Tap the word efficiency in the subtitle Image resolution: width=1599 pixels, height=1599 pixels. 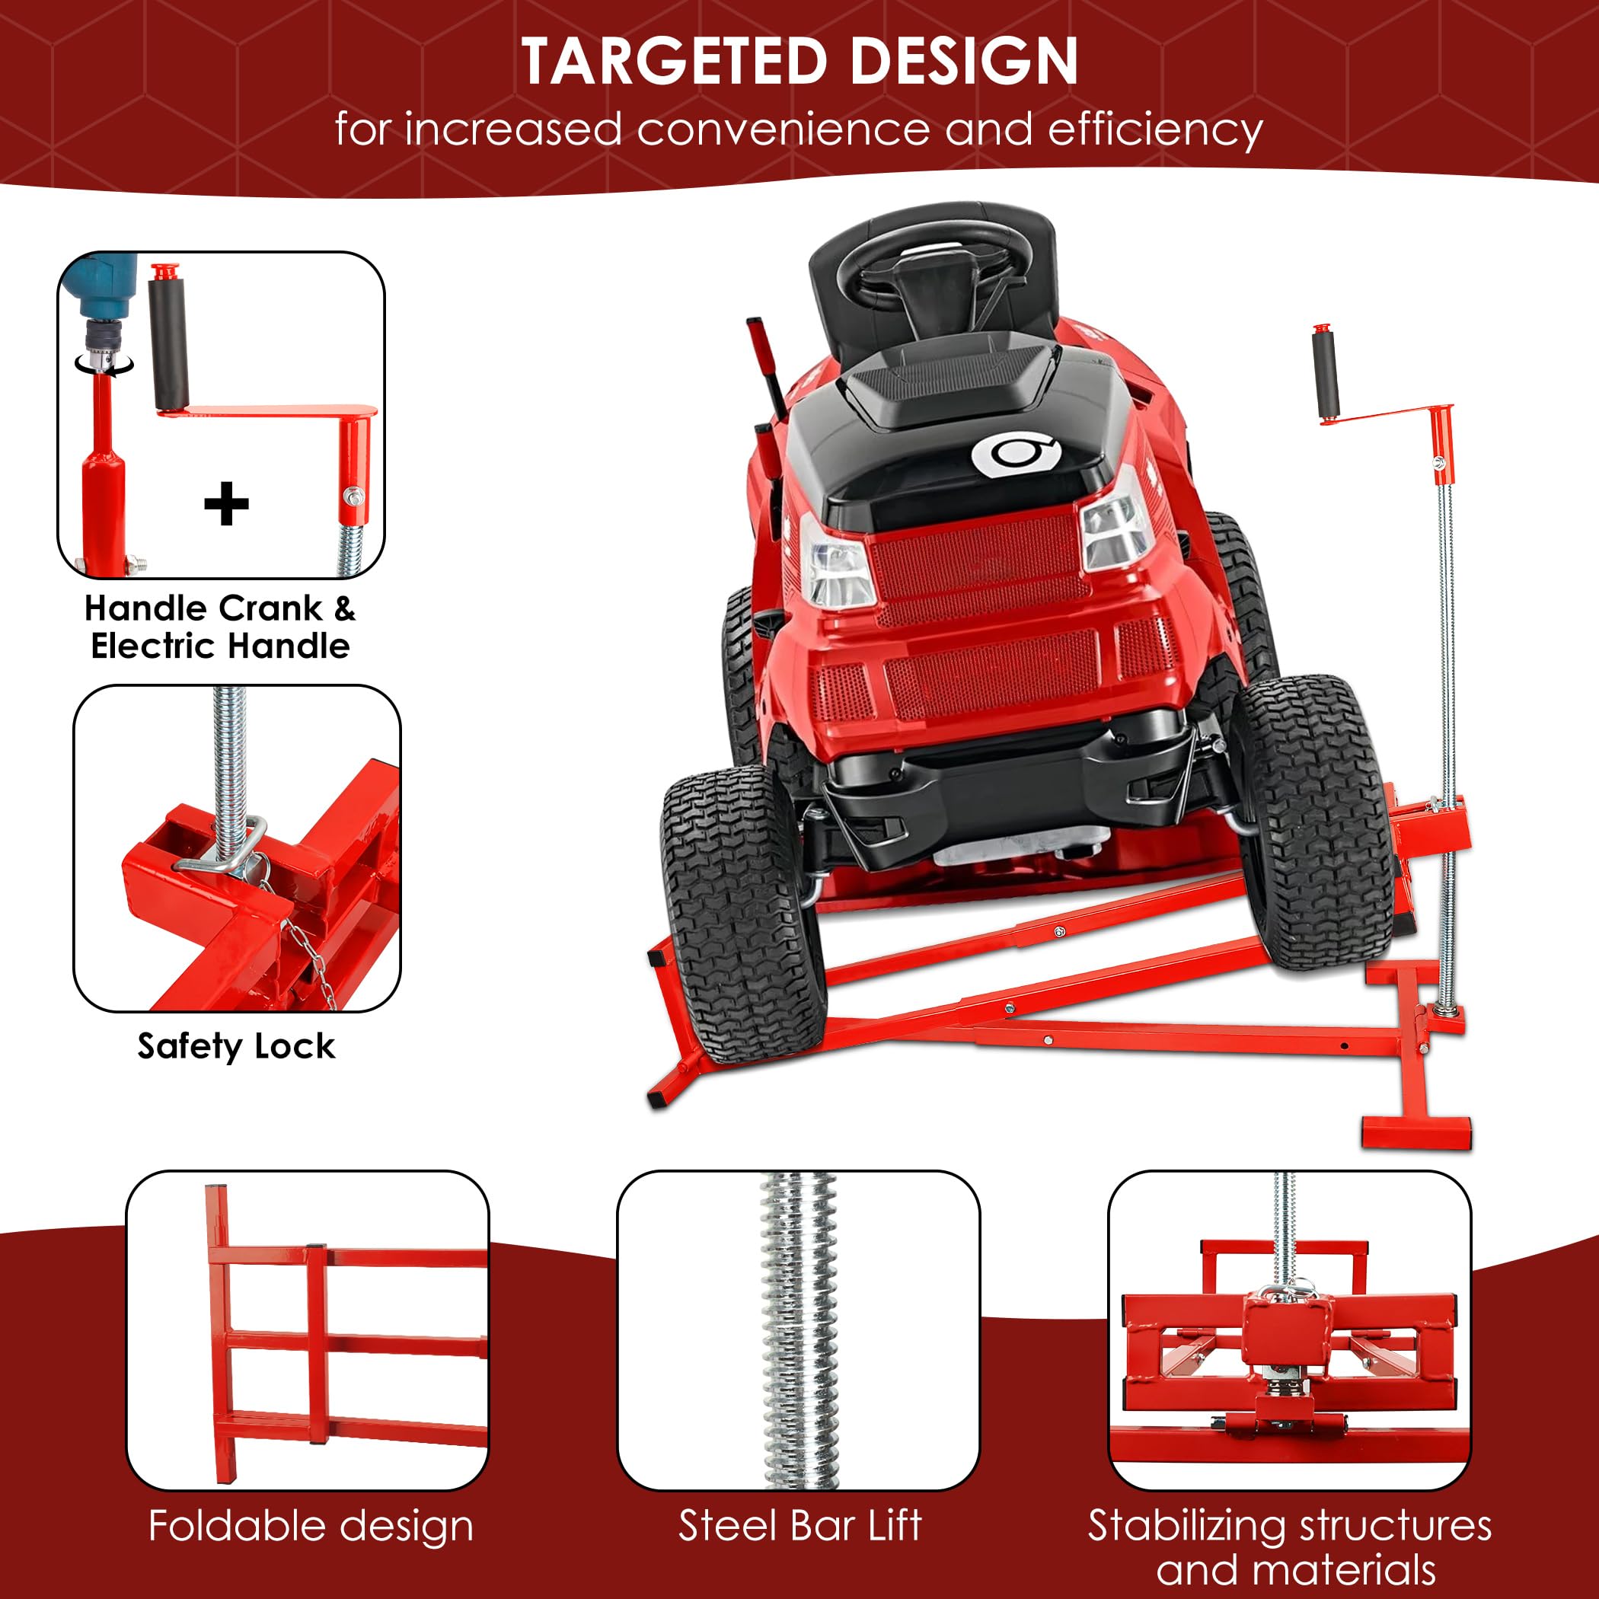tap(1155, 130)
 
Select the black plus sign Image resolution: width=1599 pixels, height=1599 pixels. tap(226, 504)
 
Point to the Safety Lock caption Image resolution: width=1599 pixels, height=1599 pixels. tap(236, 1046)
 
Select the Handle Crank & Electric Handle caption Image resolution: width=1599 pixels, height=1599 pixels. tap(220, 627)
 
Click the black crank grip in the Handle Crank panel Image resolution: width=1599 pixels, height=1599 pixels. tap(168, 343)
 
